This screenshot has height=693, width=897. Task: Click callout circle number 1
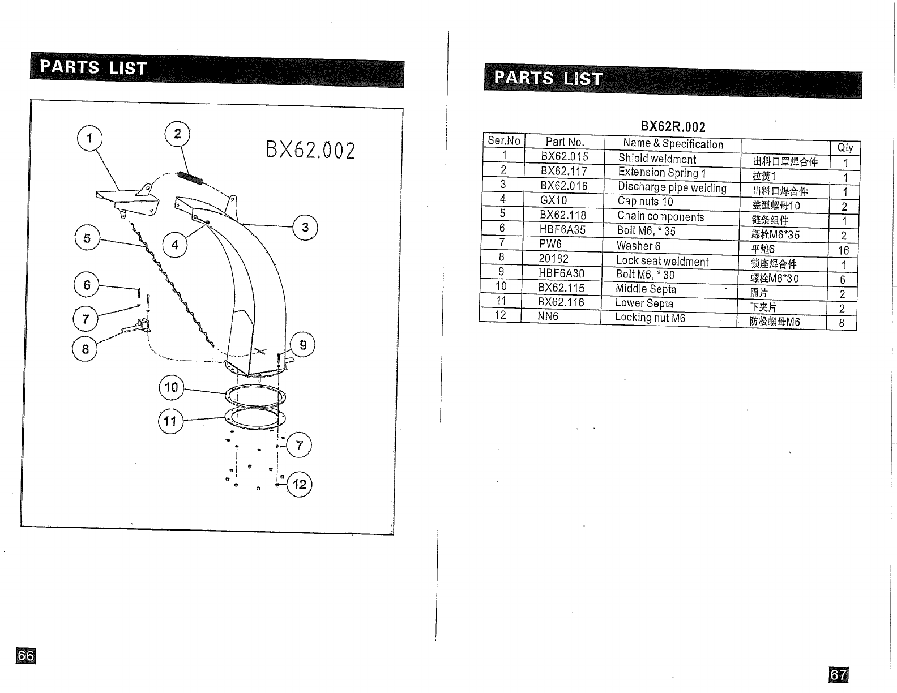click(x=89, y=138)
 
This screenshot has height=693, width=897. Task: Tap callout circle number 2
click(x=177, y=134)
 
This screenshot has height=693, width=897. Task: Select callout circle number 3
click(x=305, y=228)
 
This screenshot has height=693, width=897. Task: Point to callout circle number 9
click(x=303, y=345)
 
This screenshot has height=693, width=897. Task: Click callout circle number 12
click(x=300, y=484)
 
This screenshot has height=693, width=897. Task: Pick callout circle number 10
click(x=171, y=387)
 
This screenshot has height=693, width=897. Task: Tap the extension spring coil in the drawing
click(x=189, y=177)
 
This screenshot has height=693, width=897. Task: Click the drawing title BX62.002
click(x=310, y=151)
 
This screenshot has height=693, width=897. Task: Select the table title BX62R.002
click(x=673, y=127)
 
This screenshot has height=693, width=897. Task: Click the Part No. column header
click(x=565, y=142)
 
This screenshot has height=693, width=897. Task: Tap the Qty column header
click(x=845, y=148)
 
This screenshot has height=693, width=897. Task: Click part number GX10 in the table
click(x=553, y=200)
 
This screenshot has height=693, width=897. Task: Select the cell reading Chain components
click(x=660, y=216)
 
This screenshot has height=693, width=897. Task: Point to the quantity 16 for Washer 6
click(x=843, y=250)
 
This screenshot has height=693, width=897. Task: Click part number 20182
click(x=553, y=259)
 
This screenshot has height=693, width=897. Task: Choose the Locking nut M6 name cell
click(x=650, y=318)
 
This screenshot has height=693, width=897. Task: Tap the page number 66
click(x=26, y=656)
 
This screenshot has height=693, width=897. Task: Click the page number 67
click(x=838, y=675)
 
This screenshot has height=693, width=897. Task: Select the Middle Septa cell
click(x=646, y=289)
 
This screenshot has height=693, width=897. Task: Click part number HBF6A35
click(x=562, y=230)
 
